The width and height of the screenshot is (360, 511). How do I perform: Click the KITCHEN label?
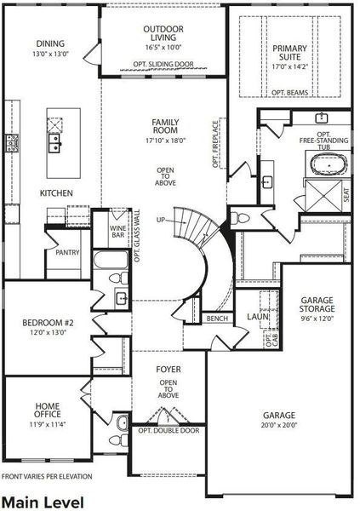(56, 193)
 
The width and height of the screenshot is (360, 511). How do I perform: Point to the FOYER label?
(168, 370)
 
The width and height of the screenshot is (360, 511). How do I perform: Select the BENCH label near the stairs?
(217, 319)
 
